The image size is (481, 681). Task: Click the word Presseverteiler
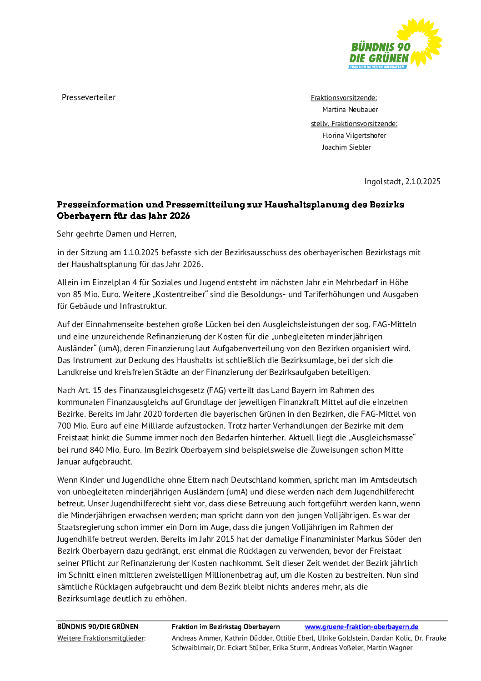(x=89, y=97)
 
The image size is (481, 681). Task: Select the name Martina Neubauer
(x=350, y=110)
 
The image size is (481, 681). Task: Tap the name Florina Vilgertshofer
(x=354, y=136)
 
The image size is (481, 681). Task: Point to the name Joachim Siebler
(x=346, y=147)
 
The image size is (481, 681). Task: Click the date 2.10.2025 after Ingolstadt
(x=423, y=182)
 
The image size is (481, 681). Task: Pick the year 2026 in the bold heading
(x=180, y=216)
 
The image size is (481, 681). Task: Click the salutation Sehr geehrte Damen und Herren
(x=116, y=234)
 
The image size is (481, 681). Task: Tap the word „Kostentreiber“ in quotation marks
(x=180, y=294)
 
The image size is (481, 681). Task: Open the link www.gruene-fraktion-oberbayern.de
(x=361, y=627)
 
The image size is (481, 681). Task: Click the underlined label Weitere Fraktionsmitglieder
(x=100, y=638)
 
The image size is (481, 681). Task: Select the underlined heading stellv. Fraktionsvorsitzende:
(x=354, y=124)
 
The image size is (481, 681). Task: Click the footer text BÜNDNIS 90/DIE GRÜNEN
(x=98, y=627)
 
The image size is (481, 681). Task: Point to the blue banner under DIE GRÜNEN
(x=377, y=67)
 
